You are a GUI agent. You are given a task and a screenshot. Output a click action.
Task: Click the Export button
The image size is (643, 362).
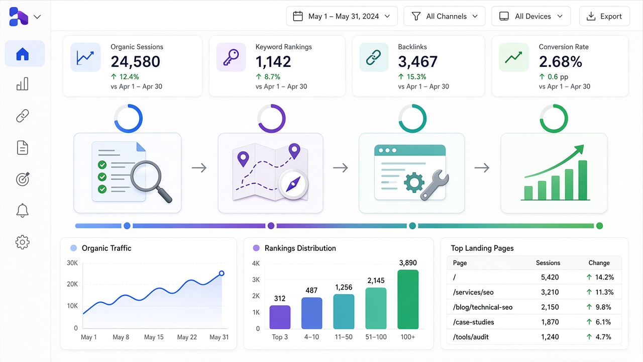coord(604,17)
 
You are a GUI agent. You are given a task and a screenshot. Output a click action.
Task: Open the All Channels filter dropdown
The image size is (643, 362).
coord(445,17)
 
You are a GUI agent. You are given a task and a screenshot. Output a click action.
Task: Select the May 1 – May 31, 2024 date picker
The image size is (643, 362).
coord(342,17)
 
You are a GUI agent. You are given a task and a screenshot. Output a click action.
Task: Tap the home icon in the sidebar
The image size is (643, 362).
coord(23,54)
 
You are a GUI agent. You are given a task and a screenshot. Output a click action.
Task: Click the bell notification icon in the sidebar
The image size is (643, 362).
coord(23,210)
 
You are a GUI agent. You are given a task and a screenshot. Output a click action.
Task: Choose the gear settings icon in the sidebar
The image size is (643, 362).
coord(23,242)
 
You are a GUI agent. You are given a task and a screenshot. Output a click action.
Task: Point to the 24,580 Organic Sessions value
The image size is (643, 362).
coord(135,61)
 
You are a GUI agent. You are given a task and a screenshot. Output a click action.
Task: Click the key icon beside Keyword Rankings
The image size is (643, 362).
coord(231,57)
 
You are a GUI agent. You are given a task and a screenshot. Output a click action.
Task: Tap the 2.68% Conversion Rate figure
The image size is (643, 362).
coord(560,61)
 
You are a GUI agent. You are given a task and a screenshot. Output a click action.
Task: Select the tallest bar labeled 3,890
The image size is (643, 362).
coord(408,299)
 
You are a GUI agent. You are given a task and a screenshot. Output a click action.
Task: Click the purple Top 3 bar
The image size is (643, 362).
coord(280,317)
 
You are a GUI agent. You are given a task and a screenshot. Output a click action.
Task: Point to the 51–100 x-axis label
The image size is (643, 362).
coord(376,337)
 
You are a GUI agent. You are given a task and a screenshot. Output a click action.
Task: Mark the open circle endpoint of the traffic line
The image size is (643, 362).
coord(222,273)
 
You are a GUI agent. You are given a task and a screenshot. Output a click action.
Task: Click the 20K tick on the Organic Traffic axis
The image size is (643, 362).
coord(72,284)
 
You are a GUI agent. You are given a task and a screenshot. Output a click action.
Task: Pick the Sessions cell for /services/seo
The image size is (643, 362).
coord(550,292)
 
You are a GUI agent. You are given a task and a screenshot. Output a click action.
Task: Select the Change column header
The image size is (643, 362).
coord(599,263)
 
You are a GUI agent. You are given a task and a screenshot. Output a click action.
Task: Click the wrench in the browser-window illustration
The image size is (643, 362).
coord(435,185)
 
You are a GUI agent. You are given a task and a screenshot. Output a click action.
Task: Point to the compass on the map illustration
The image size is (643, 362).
coord(293,184)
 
